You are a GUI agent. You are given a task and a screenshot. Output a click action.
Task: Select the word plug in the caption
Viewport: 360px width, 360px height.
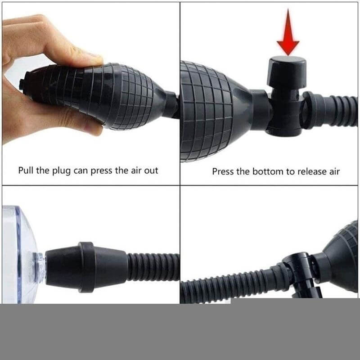[63, 171]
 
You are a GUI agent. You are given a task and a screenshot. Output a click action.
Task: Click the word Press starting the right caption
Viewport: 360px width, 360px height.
[223, 171]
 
